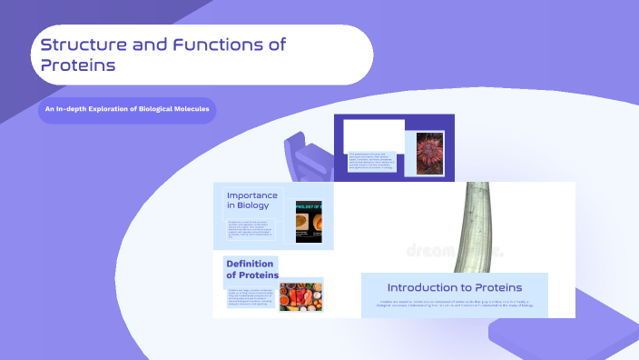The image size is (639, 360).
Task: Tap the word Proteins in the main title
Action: (x=78, y=65)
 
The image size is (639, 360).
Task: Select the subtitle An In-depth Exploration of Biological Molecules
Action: (x=127, y=110)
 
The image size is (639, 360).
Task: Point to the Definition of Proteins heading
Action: (x=251, y=270)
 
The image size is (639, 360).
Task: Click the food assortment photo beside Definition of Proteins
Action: (x=300, y=295)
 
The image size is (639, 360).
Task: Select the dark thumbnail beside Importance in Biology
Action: (x=309, y=221)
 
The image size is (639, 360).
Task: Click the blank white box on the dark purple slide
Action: (x=374, y=134)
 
